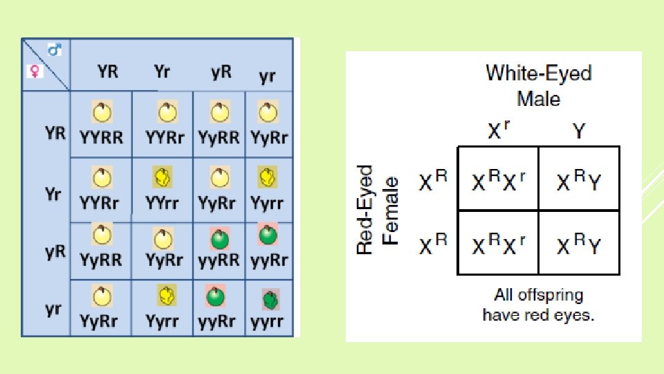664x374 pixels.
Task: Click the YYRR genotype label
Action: coord(102,137)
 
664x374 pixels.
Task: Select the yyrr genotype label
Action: coord(266,321)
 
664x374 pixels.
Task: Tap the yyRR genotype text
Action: coord(219,260)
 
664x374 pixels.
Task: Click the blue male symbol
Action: coord(55,49)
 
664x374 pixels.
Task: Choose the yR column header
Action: coord(221,71)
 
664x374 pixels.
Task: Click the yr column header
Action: coord(267,75)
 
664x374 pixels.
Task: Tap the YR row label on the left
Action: coord(55,133)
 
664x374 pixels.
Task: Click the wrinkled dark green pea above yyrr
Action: coord(270,300)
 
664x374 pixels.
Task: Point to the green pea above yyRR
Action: coord(220,240)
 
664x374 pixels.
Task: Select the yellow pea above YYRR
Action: coord(102,112)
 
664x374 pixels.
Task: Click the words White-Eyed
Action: coord(539,73)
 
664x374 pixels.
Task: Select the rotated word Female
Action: coord(392,209)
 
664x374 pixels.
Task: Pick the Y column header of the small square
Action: coord(579,131)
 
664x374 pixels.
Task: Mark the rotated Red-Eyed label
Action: coord(365,209)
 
